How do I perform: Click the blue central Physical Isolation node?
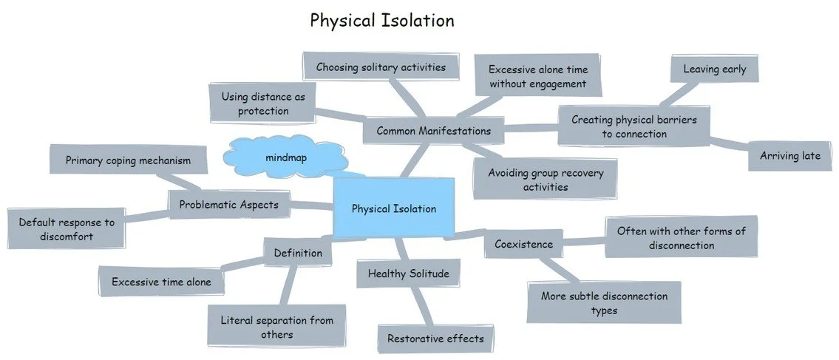pyautogui.click(x=393, y=208)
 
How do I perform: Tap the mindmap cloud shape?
pyautogui.click(x=285, y=157)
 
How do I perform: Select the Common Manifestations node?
pyautogui.click(x=433, y=131)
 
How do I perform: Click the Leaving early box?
pyautogui.click(x=714, y=69)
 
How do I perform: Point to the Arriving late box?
pyautogui.click(x=790, y=156)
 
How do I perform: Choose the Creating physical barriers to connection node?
pyautogui.click(x=634, y=126)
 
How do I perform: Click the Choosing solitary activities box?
pyautogui.click(x=381, y=67)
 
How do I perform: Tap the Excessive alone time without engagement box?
pyautogui.click(x=537, y=77)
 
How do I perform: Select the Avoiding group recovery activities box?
pyautogui.click(x=545, y=180)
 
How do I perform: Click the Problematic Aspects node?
pyautogui.click(x=228, y=205)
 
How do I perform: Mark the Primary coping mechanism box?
pyautogui.click(x=127, y=160)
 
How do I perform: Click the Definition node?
pyautogui.click(x=298, y=253)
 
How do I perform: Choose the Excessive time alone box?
pyautogui.click(x=161, y=282)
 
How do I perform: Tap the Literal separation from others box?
pyautogui.click(x=276, y=327)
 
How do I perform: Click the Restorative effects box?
pyautogui.click(x=435, y=339)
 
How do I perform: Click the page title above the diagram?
pyautogui.click(x=381, y=20)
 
